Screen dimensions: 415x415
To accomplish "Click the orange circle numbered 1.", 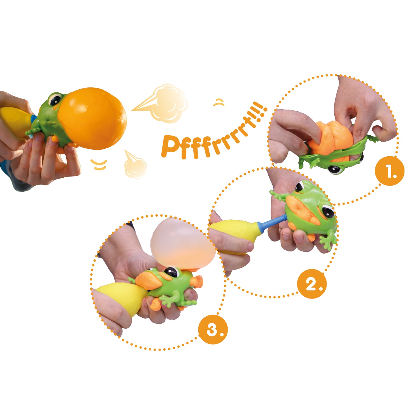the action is (390, 171).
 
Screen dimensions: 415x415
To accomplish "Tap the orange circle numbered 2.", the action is (312, 284).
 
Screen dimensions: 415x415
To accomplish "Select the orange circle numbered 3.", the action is (213, 329).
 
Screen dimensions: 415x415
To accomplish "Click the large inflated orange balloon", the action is (93, 118).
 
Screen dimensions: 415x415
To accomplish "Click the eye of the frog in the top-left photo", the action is (56, 99).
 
